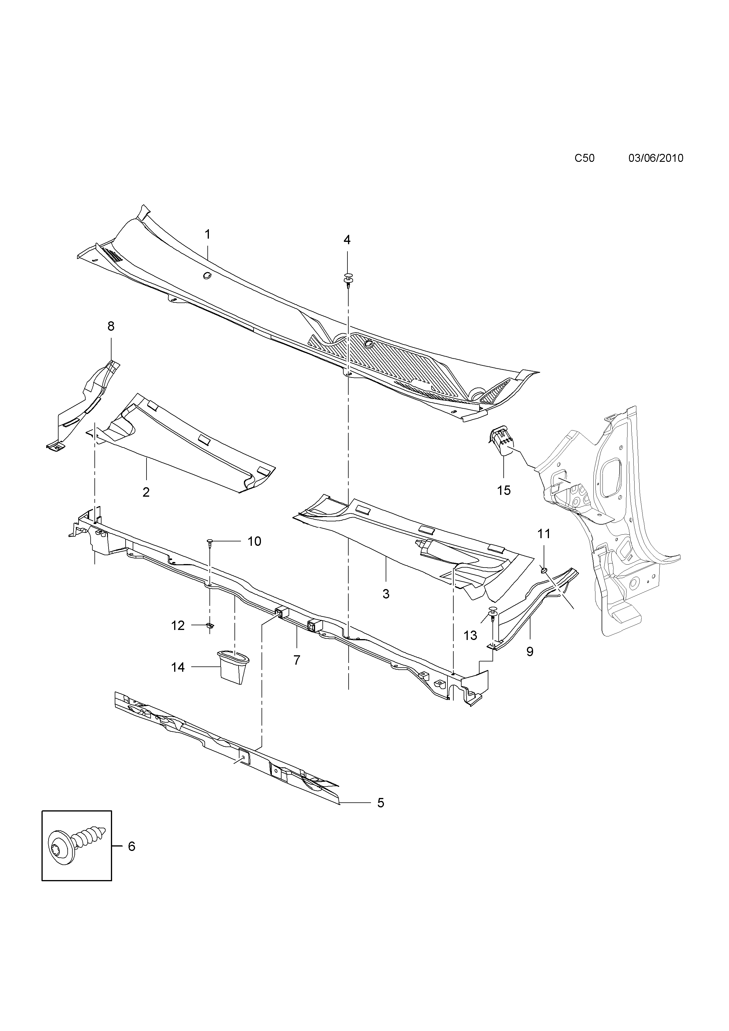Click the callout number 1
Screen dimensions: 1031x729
[x=207, y=235]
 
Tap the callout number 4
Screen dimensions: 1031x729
[x=347, y=240]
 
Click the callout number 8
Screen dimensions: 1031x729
[x=111, y=326]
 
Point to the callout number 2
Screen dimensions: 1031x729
[x=146, y=492]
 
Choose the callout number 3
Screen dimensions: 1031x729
[x=386, y=594]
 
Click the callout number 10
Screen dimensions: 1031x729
[x=254, y=542]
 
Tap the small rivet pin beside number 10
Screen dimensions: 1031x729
[x=210, y=543]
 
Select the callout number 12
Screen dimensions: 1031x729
[x=178, y=626]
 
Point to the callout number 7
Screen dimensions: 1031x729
[x=297, y=660]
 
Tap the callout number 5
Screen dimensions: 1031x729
[x=381, y=803]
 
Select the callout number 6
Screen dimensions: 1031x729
[x=132, y=847]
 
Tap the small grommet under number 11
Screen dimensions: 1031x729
[x=544, y=570]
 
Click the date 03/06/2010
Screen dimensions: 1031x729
[x=655, y=158]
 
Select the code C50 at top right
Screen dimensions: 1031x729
[x=585, y=158]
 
